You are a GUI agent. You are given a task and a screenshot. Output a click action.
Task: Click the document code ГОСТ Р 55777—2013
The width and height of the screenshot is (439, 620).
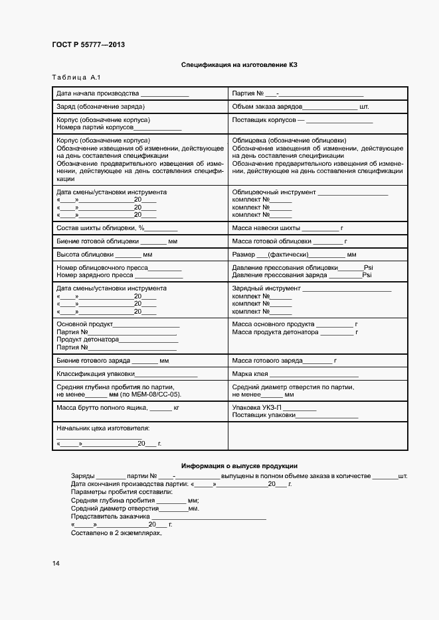coord(88,44)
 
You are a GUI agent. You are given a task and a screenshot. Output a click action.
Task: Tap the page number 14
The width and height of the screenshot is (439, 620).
coord(56,563)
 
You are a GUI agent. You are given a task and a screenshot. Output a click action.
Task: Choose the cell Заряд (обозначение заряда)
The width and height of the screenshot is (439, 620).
coord(101,106)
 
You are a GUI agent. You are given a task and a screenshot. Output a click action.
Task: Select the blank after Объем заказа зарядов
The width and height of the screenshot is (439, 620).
coord(330,106)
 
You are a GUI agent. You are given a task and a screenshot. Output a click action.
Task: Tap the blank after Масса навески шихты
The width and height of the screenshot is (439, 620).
coord(320,227)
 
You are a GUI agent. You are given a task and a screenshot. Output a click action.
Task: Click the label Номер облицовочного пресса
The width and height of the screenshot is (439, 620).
coord(101,267)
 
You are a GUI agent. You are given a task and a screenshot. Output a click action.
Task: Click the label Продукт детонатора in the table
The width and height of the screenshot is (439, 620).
coord(88,340)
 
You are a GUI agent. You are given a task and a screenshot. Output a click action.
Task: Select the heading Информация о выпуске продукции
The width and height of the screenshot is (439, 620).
coord(239,466)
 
